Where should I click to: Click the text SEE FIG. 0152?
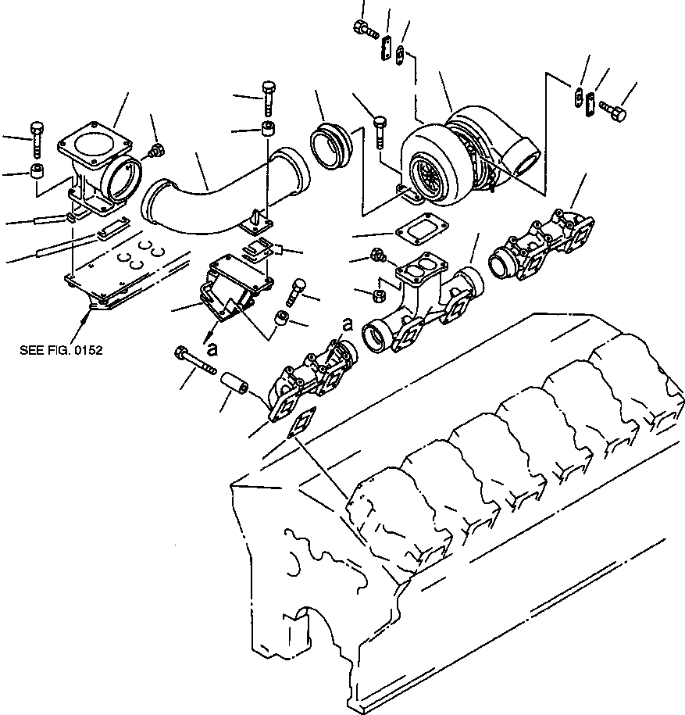coord(61,350)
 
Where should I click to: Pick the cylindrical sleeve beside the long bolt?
coord(234,384)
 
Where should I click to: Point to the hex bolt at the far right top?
coord(615,113)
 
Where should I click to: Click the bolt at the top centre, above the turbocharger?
coord(364,29)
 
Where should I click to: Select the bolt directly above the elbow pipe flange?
coord(268,95)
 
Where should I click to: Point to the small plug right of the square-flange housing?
coord(157,150)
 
